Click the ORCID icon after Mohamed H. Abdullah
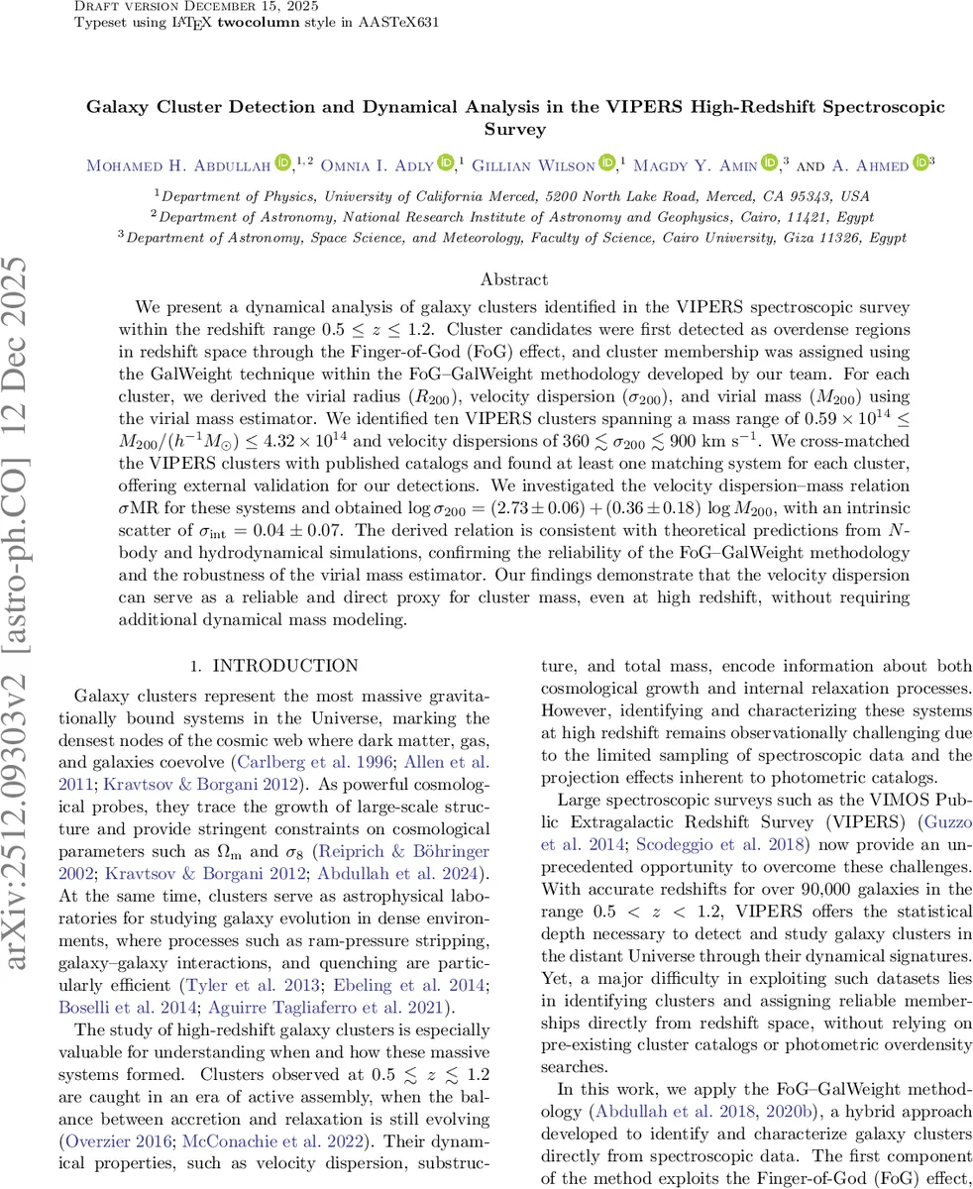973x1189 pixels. point(282,163)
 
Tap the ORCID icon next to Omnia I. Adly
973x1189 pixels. point(445,163)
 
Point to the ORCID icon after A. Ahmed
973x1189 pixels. point(920,163)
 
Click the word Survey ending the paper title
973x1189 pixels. point(514,129)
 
